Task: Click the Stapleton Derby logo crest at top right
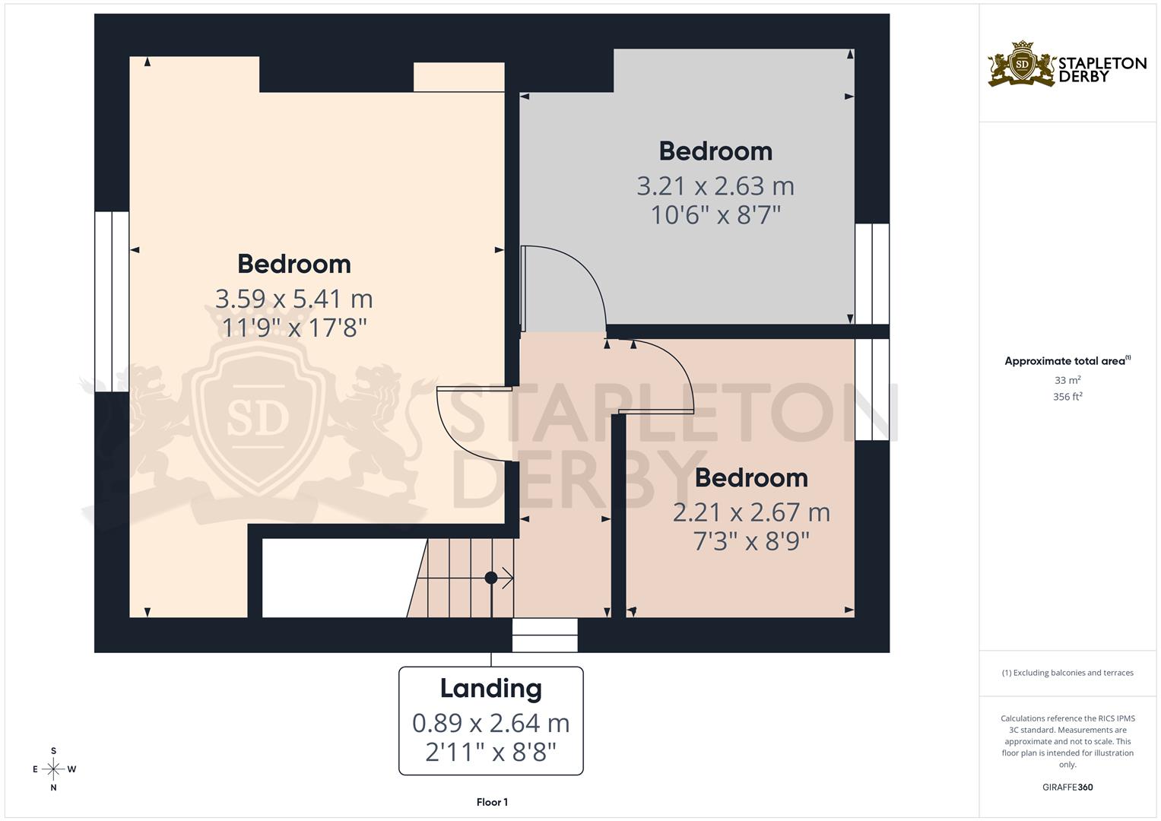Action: tap(1022, 65)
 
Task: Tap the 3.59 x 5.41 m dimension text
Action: tap(293, 299)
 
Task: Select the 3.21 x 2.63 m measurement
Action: tap(715, 186)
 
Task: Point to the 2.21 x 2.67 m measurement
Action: tap(750, 512)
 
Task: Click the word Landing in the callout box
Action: tap(490, 688)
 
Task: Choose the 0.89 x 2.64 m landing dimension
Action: tap(490, 723)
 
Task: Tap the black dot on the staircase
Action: tap(491, 578)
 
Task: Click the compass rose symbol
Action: tap(53, 769)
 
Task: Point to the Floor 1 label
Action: tap(492, 802)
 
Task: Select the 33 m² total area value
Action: tap(1067, 380)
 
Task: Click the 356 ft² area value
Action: tap(1067, 397)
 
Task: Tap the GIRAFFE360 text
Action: tap(1067, 788)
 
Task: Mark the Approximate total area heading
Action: tap(1067, 361)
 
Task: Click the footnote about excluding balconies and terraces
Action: tap(1067, 673)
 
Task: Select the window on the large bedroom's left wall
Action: tap(112, 301)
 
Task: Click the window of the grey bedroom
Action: tap(872, 274)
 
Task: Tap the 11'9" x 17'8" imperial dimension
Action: tap(293, 328)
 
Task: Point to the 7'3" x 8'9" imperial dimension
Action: tap(750, 542)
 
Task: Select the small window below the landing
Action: tap(544, 635)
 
